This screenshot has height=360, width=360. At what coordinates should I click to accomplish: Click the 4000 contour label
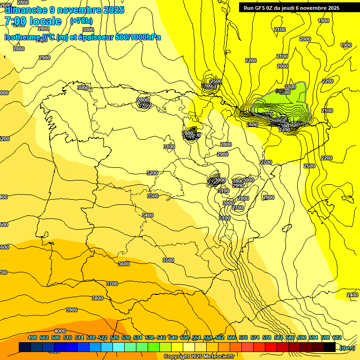pyautogui.click(x=60, y=331)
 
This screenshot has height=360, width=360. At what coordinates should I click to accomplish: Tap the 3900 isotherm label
pyautogui.click(x=72, y=310)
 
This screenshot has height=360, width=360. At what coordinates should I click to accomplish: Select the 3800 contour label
pyautogui.click(x=97, y=298)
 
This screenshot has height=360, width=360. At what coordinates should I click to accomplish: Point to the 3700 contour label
pyautogui.click(x=112, y=284)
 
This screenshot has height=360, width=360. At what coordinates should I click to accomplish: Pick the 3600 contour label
pyautogui.click(x=124, y=264)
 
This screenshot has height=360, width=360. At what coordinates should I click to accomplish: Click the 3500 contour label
pyautogui.click(x=168, y=260)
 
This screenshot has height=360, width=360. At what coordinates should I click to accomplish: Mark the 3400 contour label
pyautogui.click(x=148, y=215)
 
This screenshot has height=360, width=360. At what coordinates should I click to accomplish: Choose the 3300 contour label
pyautogui.click(x=153, y=196)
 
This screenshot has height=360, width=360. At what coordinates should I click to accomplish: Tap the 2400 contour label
pyautogui.click(x=352, y=294)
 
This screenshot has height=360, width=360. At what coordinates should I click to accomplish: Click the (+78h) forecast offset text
pyautogui.click(x=81, y=21)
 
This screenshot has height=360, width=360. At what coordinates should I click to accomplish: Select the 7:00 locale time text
pyautogui.click(x=33, y=21)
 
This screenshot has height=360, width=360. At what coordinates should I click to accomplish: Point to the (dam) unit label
pyautogui.click(x=347, y=347)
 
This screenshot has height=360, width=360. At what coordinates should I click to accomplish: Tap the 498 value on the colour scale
pyautogui.click(x=32, y=337)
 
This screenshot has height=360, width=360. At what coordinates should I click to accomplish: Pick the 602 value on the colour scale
pyautogui.click(x=337, y=337)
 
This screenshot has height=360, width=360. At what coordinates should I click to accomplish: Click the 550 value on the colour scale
pyautogui.click(x=185, y=337)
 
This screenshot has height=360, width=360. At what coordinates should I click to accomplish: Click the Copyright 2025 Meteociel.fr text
pyautogui.click(x=199, y=357)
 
